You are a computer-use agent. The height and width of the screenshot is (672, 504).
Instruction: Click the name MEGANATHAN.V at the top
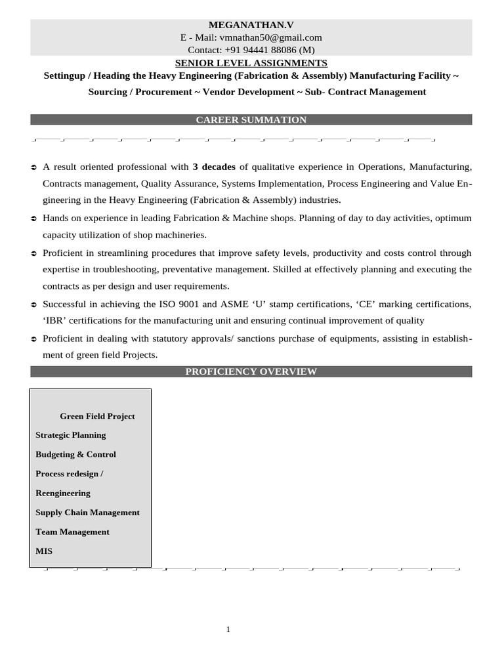(251, 25)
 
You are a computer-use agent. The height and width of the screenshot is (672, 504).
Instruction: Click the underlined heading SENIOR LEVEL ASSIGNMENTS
(251, 63)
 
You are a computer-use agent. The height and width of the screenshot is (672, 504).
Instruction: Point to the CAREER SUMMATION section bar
(251, 119)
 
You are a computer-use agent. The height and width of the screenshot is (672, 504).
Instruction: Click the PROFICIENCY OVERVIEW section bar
(251, 371)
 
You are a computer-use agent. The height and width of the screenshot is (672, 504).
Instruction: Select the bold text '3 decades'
(214, 167)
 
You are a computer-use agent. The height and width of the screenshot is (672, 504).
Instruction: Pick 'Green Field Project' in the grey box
(97, 416)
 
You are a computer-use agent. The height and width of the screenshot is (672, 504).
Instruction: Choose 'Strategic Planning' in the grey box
(70, 435)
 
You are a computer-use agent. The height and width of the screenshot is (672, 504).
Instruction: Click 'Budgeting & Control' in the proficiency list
(75, 454)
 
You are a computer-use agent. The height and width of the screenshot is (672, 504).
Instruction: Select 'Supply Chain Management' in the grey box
(87, 513)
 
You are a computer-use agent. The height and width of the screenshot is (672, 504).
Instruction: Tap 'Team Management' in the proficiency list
(72, 532)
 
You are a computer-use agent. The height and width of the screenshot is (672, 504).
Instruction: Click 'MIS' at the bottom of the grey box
(44, 551)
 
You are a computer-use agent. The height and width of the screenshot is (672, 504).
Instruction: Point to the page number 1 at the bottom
(228, 629)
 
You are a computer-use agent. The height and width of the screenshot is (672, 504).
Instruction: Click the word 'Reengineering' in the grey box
(63, 493)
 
